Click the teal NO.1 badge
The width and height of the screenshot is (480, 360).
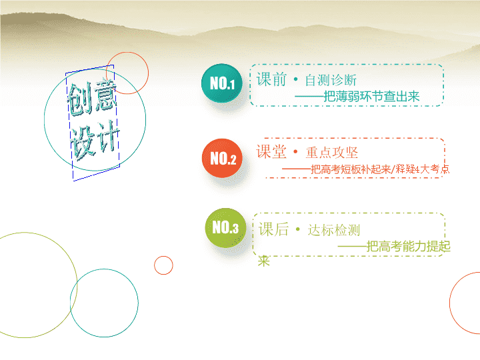tap(222, 83)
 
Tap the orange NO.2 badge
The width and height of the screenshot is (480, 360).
tap(222, 158)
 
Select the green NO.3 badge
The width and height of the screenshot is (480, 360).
tap(225, 228)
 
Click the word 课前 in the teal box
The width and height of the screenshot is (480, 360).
tap(271, 79)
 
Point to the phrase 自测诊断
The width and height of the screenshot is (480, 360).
tap(331, 80)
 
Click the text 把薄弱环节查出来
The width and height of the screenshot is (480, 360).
tap(371, 97)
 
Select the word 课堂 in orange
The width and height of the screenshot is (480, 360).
tap(271, 152)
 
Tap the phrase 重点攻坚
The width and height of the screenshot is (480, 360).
tap(332, 153)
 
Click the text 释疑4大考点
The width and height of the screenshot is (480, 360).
tap(423, 169)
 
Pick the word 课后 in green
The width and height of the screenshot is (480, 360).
tap(274, 229)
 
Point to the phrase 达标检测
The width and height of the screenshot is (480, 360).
tap(334, 230)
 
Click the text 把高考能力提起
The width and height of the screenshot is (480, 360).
tap(409, 247)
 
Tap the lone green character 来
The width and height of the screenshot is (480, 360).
tap(263, 261)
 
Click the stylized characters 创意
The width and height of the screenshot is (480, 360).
tap(92, 97)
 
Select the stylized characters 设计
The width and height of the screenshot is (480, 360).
tap(95, 140)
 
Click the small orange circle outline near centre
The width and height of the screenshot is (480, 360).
tap(163, 256)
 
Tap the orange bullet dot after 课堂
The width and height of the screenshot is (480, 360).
tap(295, 151)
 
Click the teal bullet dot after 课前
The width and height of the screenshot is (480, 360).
tap(295, 79)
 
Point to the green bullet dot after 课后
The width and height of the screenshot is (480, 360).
tap(297, 229)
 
